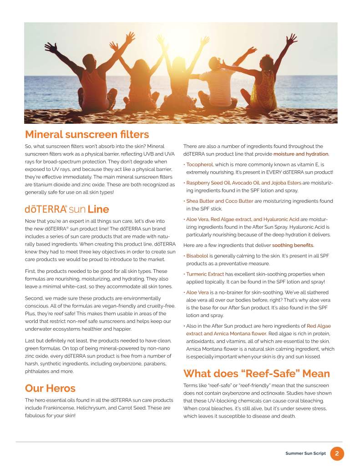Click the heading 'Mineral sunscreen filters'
tap(87, 134)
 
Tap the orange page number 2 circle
tap(337, 453)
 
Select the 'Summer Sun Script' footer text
tap(305, 454)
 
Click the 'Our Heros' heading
tap(50, 388)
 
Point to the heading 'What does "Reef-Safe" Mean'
tap(256, 374)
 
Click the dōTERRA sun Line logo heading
tap(67, 210)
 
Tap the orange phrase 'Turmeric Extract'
tap(205, 274)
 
